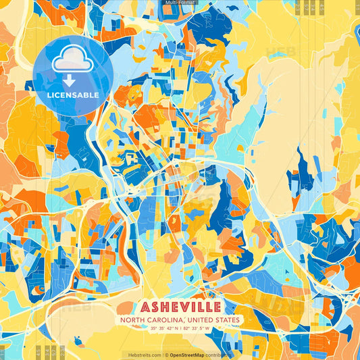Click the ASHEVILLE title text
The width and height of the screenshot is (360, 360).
pyautogui.click(x=179, y=306)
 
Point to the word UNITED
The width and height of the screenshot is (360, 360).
pyautogui.click(x=203, y=319)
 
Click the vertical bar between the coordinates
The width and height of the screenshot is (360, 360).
pyautogui.click(x=180, y=329)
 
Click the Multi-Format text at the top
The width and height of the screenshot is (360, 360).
pyautogui.click(x=180, y=3)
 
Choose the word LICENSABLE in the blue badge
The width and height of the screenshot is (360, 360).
pyautogui.click(x=73, y=95)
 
